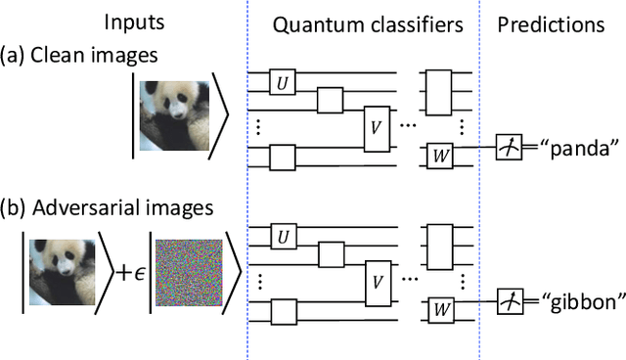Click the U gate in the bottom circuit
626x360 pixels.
pos(284,235)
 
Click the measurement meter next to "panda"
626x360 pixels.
pos(509,149)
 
